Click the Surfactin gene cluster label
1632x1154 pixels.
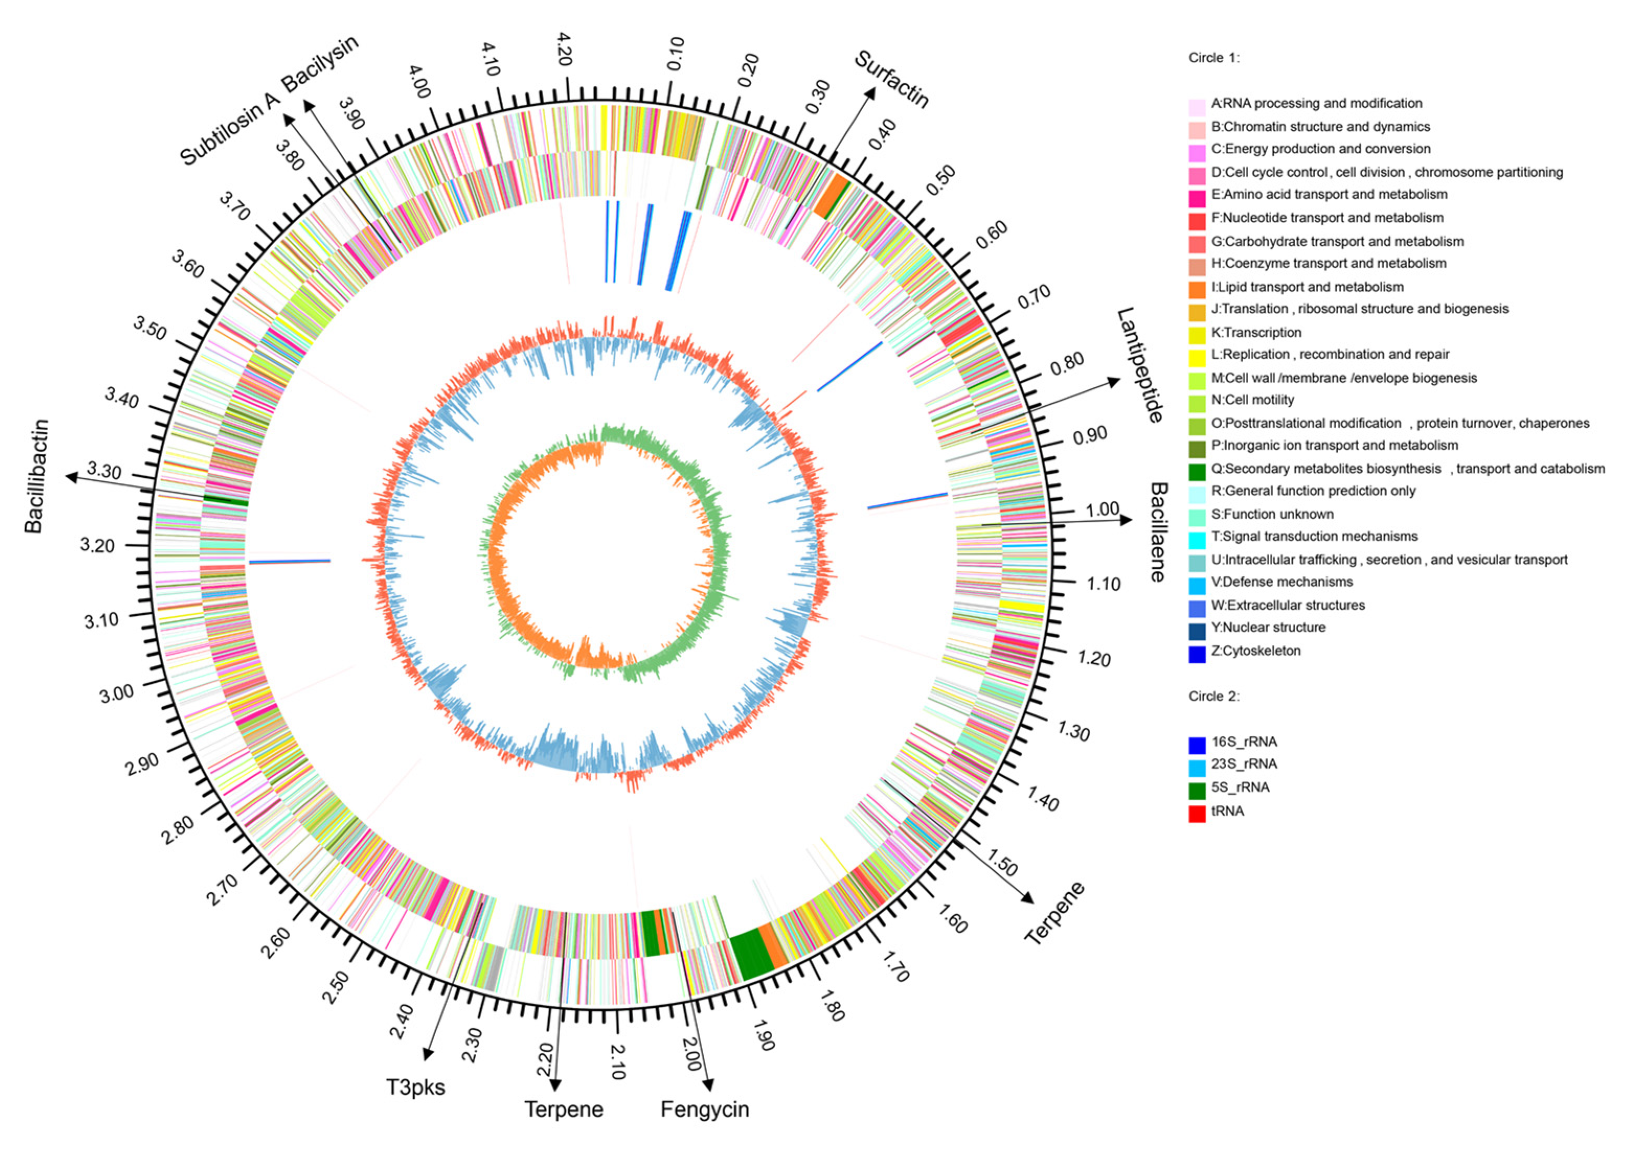tap(891, 79)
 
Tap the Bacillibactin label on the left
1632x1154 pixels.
tap(37, 476)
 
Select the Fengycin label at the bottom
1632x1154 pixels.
tap(705, 1109)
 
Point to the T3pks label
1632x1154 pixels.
tap(415, 1087)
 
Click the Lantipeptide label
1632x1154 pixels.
tap(1139, 365)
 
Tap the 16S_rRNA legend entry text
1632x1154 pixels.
tap(1234, 742)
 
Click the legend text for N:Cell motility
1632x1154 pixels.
tap(1253, 400)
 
